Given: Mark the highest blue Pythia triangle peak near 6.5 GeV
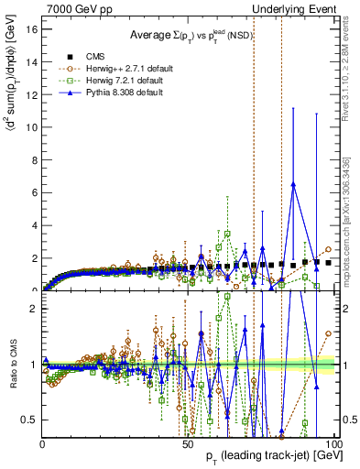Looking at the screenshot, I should [x=293, y=183].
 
